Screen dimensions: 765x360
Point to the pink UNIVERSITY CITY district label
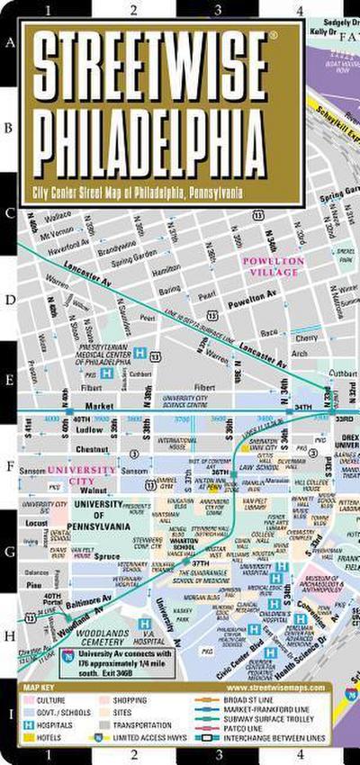82,474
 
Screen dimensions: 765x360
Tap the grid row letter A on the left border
10,42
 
